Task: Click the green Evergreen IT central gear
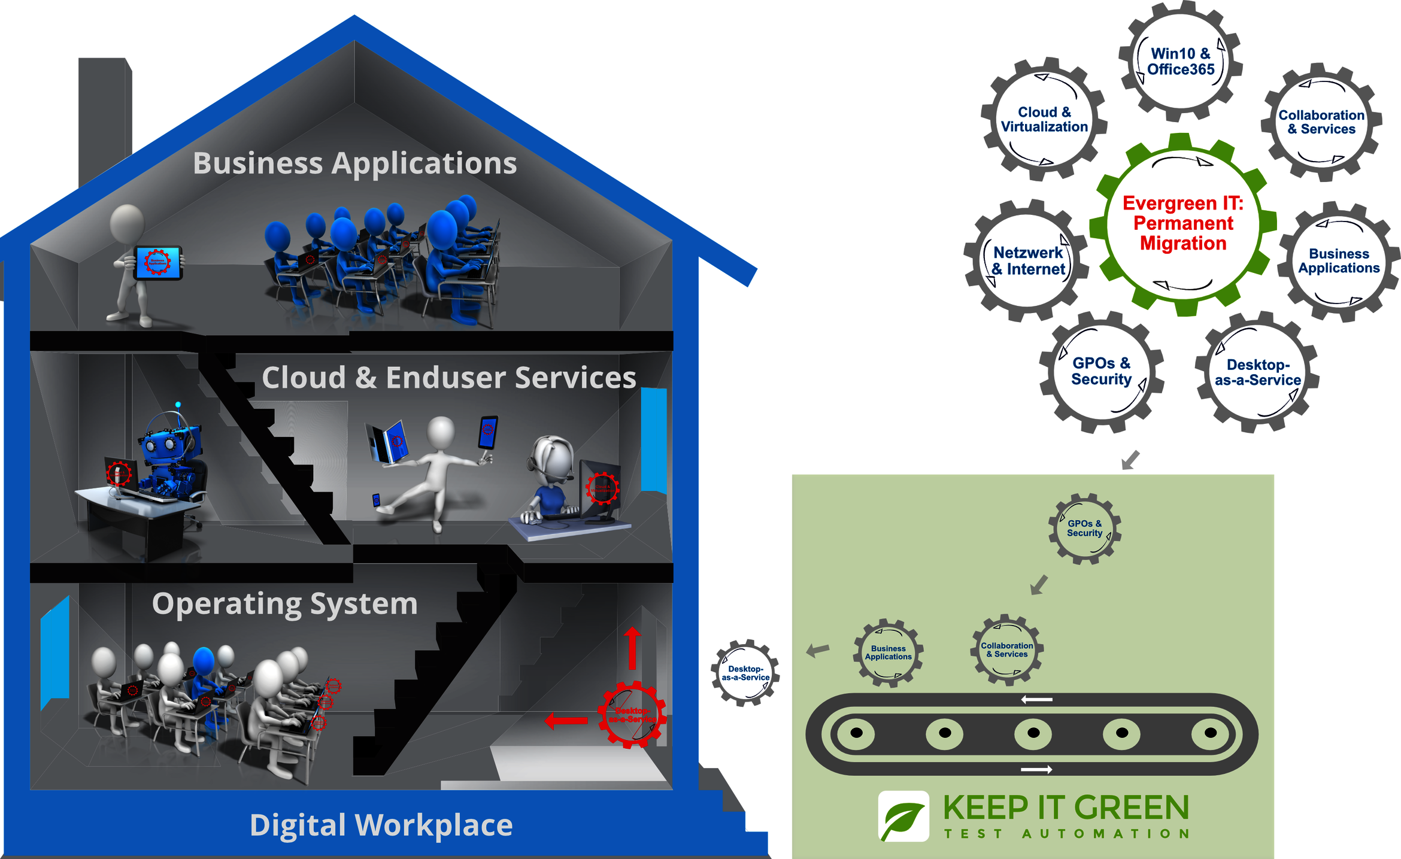tap(1182, 223)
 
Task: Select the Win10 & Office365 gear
tap(1181, 61)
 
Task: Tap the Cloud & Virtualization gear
tap(1044, 119)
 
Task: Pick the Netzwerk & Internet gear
tap(1027, 261)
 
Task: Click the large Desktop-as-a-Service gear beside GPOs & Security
tap(1257, 372)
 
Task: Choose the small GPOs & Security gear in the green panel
tap(1084, 528)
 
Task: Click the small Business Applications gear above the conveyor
tap(888, 652)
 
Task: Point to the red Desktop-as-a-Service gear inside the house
tap(632, 714)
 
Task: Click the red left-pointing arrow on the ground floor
tap(566, 721)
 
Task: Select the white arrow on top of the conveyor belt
tap(1036, 699)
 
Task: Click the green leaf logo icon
tap(903, 816)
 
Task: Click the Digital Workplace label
tap(381, 825)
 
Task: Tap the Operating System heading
tap(285, 603)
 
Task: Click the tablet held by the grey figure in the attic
tap(158, 262)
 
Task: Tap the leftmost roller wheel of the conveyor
tap(856, 733)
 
